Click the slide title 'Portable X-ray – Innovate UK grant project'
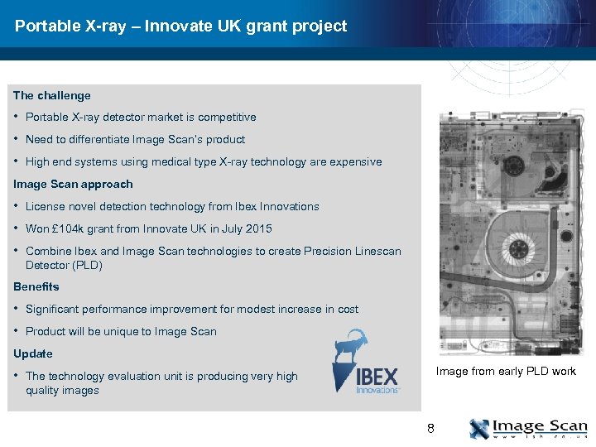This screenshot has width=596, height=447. click(180, 26)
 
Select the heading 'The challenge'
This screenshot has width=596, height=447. click(52, 95)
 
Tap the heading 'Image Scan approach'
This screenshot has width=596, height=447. click(73, 184)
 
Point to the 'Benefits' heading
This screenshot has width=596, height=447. click(36, 286)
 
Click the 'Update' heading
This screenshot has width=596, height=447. click(33, 353)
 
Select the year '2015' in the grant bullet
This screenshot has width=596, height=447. click(258, 228)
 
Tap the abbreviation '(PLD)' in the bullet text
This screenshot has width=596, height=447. click(87, 265)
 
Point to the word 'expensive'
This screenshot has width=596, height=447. click(356, 162)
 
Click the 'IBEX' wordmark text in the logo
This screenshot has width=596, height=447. click(377, 377)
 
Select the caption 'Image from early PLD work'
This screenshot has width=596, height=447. click(506, 371)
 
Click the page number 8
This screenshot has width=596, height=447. click(430, 428)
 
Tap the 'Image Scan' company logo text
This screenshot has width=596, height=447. click(540, 426)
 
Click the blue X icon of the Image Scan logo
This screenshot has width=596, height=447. click(479, 429)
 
